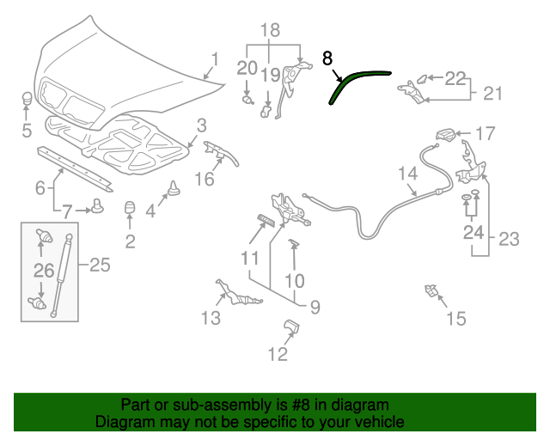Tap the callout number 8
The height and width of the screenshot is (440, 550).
[x=327, y=58]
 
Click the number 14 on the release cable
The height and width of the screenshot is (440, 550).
[x=407, y=174]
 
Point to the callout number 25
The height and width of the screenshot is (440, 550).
[x=100, y=266]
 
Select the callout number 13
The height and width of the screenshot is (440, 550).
[x=211, y=319]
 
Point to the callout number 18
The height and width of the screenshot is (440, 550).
[x=270, y=31]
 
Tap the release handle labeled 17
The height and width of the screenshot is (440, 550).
[x=446, y=134]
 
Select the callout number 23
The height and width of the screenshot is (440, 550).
[x=510, y=240]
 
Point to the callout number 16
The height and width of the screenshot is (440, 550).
[x=204, y=179]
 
